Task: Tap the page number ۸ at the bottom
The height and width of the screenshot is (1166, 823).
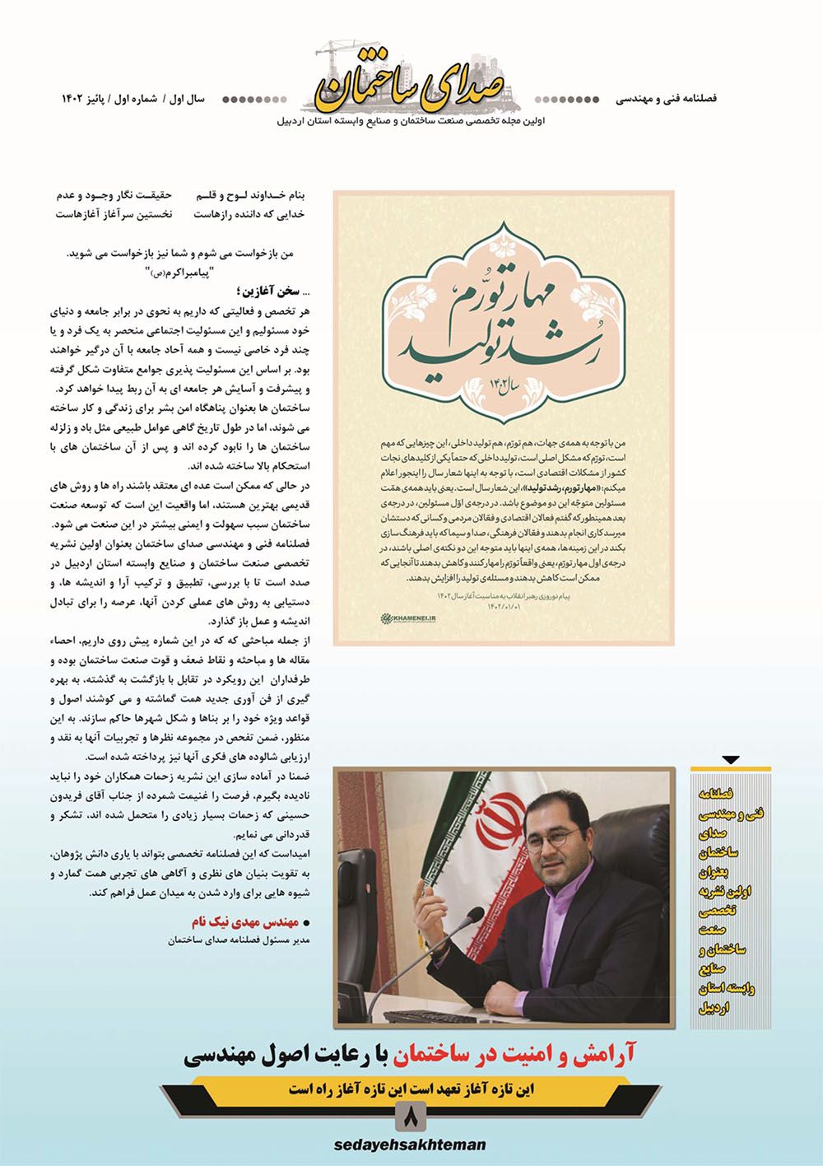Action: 411,1117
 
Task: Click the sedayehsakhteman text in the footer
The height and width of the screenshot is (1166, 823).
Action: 410,1145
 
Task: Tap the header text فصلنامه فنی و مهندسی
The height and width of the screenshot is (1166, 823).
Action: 666,99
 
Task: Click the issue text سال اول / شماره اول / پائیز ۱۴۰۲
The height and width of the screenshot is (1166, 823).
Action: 133,99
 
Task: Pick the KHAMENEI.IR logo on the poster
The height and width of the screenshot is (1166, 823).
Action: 408,618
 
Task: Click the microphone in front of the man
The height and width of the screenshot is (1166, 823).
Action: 444,930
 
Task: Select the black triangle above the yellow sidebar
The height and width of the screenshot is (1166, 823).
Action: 730,760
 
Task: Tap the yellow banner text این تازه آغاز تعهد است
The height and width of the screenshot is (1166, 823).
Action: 411,1089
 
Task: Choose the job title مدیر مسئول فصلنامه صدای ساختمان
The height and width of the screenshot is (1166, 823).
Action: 239,940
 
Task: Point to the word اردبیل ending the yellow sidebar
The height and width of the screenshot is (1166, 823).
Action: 714,1008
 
